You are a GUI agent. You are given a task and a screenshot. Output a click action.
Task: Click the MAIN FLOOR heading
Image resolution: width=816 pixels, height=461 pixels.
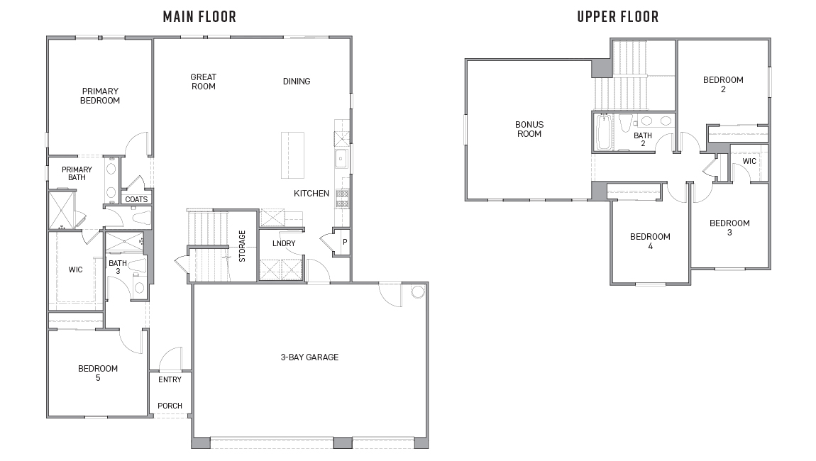tap(199, 16)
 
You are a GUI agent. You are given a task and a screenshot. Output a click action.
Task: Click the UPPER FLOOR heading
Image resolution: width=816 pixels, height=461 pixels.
tap(617, 16)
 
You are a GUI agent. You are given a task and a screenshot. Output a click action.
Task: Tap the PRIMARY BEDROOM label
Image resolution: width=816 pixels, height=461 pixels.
tap(100, 96)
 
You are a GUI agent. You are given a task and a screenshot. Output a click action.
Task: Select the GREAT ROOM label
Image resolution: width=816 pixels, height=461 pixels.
tap(203, 82)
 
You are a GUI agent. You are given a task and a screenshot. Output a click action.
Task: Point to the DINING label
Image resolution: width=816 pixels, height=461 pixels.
tap(297, 82)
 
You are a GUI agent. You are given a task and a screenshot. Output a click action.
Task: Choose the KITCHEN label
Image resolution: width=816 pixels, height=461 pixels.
tap(311, 194)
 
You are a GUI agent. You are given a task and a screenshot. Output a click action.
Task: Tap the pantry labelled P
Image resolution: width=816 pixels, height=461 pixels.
tap(344, 242)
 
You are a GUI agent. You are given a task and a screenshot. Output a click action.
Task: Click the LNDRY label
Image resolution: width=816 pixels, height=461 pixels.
tap(284, 244)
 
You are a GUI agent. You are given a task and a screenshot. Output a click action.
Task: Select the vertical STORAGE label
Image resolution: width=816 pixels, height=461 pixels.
tap(242, 246)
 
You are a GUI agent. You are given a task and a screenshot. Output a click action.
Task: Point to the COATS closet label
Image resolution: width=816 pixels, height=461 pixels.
tap(136, 199)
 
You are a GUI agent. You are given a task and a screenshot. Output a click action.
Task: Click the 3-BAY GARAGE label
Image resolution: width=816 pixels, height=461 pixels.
tap(309, 357)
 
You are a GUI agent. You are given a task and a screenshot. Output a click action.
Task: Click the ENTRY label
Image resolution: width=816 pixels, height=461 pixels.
tap(170, 379)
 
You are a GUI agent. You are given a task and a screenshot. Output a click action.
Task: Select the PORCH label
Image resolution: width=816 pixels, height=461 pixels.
tap(170, 406)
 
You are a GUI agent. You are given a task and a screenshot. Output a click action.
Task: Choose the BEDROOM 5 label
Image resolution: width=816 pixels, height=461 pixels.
tap(98, 373)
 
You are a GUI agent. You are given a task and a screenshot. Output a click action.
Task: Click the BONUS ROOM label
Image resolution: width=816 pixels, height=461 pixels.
tap(529, 129)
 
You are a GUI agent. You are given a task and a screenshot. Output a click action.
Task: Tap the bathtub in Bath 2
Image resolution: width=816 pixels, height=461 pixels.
tap(603, 133)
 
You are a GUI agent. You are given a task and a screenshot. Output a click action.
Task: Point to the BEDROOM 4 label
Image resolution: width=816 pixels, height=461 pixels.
tap(650, 241)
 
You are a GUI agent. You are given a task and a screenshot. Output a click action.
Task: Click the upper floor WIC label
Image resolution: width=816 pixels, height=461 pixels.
tap(749, 161)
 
